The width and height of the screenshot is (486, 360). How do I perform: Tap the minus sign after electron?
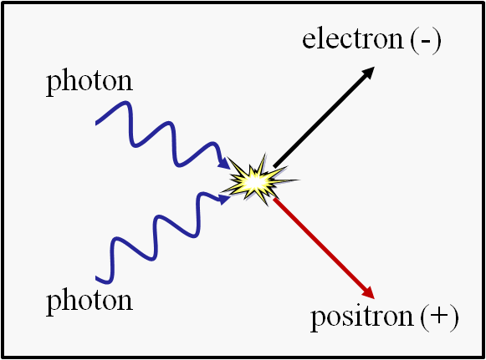tap(426, 42)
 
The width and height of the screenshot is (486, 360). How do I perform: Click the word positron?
tap(362, 317)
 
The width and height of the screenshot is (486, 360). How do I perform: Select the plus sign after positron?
tap(439, 317)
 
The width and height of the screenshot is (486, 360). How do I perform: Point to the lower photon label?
tap(90, 301)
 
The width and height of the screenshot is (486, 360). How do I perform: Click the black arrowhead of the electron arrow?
tap(368, 73)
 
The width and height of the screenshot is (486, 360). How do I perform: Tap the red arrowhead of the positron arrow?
tap(368, 292)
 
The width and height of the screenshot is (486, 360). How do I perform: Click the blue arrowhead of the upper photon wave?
tap(224, 163)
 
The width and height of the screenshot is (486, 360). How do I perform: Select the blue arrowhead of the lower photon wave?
tap(224, 200)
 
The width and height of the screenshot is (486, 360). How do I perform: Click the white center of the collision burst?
tap(253, 183)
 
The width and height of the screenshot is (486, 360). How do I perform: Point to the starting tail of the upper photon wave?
tap(97, 123)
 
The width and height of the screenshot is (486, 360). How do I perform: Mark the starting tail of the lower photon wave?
tap(97, 277)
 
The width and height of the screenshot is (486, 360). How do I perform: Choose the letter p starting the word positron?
tap(318, 319)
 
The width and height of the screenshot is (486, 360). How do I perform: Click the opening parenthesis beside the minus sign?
tap(414, 41)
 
